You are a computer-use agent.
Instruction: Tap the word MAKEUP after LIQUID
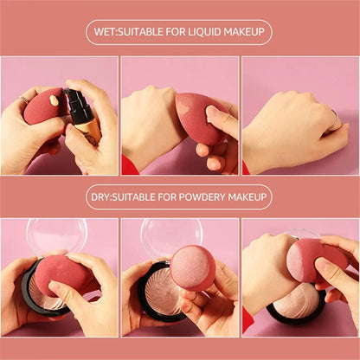point(245,32)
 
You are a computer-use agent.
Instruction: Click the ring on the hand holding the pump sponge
point(23,101)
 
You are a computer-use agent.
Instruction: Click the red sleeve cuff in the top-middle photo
point(130,164)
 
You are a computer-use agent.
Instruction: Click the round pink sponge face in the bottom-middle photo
point(191,267)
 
